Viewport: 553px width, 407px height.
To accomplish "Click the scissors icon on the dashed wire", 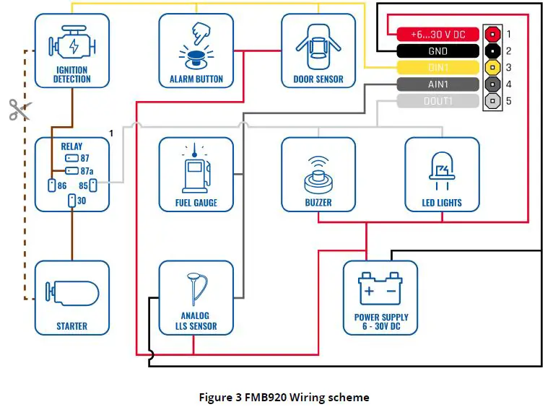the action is [19, 110].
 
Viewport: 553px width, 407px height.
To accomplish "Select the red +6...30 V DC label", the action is [438, 34].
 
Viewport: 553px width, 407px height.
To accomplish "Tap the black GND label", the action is [438, 51].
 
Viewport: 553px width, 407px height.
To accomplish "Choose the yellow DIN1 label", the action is [438, 68].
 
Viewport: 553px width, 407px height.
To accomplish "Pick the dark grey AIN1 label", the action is [438, 84].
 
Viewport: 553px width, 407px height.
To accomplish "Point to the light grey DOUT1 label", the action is [438, 101].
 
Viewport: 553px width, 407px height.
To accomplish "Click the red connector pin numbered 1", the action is [492, 34].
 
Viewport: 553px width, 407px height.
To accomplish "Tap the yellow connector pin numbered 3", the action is [492, 67].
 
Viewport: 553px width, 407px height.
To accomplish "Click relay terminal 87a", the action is [72, 171].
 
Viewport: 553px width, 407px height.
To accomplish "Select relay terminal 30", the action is [72, 201].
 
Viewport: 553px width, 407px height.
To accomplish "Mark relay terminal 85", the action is [93, 185].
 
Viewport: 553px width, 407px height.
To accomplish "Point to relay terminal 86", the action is [52, 185].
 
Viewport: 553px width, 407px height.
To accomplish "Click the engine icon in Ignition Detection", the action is [72, 43].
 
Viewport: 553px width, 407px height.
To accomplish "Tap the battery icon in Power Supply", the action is [380, 288].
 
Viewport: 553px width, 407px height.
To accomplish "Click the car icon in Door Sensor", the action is [318, 46].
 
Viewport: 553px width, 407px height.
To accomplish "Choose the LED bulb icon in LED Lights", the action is [442, 170].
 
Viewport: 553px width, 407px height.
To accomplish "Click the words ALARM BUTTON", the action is [196, 79].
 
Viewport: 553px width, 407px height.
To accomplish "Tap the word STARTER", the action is [72, 326].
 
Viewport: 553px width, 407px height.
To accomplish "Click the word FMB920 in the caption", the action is [266, 398].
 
